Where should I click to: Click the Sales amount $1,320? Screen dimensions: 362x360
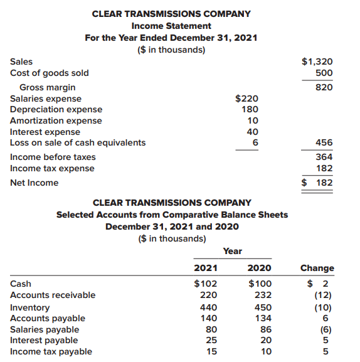(317, 61)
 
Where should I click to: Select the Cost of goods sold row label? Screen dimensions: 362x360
(50, 73)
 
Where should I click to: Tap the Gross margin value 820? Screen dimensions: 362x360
(324, 87)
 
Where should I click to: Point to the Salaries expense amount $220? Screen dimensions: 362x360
(246, 98)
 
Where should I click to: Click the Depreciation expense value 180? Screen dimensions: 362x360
(250, 109)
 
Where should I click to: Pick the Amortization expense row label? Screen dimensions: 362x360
(56, 120)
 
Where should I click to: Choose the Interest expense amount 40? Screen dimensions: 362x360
(252, 132)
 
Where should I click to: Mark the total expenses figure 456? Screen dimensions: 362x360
(324, 142)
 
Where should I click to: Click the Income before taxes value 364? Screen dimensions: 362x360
(324, 157)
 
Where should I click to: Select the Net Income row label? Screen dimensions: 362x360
(34, 183)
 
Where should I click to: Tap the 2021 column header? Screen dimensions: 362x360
(206, 268)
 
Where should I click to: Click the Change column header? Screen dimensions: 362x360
(317, 268)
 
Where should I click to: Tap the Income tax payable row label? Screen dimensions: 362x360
(51, 351)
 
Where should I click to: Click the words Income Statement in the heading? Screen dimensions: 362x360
(171, 26)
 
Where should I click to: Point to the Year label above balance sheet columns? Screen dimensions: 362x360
(232, 251)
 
